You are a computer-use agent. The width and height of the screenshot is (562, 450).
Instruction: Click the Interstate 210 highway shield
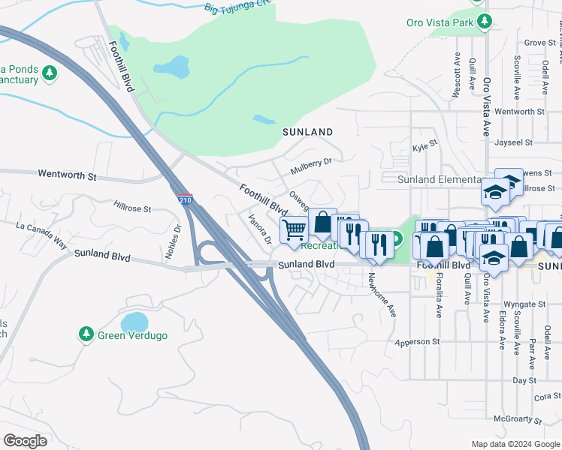coord(186,200)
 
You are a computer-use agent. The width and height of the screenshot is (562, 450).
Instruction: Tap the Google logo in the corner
coord(25,441)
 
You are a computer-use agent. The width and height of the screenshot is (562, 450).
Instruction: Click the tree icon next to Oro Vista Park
coord(485,22)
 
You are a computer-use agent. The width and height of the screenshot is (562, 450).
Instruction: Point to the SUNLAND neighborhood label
coord(307,132)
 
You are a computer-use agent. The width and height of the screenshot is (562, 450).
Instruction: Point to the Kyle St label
coord(425,148)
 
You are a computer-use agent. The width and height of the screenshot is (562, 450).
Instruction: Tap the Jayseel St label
coord(515,142)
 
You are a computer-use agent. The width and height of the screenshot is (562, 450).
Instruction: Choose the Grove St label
coord(539,43)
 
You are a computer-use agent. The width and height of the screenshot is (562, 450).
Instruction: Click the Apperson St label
coord(417,342)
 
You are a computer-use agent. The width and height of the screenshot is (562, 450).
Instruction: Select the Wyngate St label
coord(524,304)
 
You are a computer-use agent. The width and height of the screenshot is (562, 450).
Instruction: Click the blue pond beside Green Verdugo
coord(134,322)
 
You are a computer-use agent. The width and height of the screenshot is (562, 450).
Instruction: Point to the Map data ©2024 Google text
coord(515,444)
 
